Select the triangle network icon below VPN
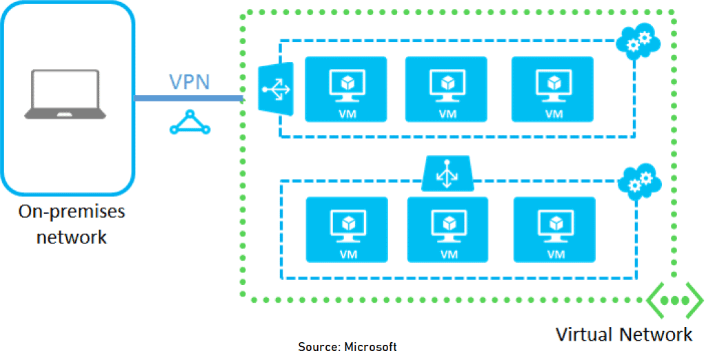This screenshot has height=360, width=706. click(189, 122)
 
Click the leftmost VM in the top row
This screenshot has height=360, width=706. click(345, 88)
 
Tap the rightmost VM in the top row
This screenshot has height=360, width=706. click(552, 88)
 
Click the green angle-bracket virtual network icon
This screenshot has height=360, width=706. click(674, 301)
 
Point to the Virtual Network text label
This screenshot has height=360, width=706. click(623, 334)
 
